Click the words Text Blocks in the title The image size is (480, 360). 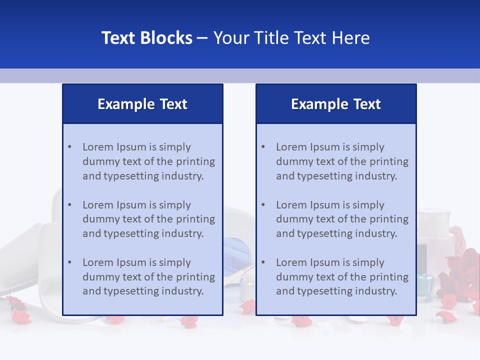click(x=147, y=38)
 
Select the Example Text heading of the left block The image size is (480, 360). click(x=142, y=104)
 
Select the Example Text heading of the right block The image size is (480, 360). click(x=336, y=104)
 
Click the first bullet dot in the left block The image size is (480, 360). click(x=69, y=147)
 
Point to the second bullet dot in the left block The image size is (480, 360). click(x=69, y=205)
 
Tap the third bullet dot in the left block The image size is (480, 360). click(x=69, y=262)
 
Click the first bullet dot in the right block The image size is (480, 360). click(x=263, y=147)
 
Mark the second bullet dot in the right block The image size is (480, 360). click(x=263, y=205)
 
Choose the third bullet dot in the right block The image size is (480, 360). click(x=263, y=262)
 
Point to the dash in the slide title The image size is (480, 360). click(x=202, y=38)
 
